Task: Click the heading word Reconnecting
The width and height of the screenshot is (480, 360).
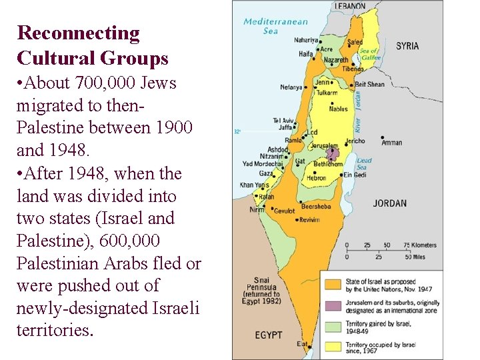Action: coord(78,33)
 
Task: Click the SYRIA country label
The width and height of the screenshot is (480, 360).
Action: coord(407,46)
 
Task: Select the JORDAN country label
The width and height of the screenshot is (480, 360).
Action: coord(389,203)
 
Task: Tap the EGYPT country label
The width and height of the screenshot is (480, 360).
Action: coord(268,334)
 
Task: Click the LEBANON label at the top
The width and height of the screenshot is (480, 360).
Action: coord(349,6)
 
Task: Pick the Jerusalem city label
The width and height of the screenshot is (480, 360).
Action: coord(324,145)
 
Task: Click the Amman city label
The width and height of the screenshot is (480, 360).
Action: coord(391,143)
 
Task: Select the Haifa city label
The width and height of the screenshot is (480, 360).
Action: coord(306,54)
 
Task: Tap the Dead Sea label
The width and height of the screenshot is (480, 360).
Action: coord(364,164)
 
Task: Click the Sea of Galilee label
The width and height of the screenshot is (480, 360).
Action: coord(369,54)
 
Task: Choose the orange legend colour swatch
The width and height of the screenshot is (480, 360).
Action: coord(332,284)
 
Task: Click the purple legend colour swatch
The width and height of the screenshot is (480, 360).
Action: coord(332,305)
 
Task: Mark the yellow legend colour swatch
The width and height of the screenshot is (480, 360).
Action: coord(332,346)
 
